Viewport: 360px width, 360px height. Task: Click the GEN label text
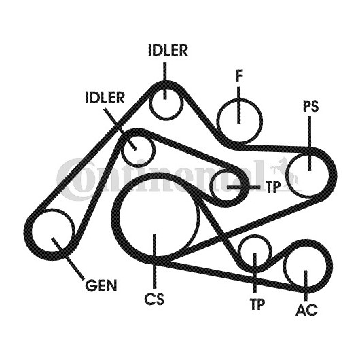pos(101,285)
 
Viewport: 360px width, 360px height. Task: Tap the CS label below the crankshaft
pos(154,299)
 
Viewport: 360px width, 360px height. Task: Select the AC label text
pos(306,310)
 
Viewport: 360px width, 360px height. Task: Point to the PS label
pos(310,106)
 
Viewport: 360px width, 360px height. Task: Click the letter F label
pos(239,76)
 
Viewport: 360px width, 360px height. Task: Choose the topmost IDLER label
pos(168,50)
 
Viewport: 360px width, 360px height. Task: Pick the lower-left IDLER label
pos(105,97)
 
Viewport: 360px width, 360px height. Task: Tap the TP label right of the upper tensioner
pos(273,187)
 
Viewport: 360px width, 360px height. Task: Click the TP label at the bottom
pos(257,304)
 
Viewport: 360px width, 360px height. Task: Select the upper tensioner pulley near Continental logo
pos(212,186)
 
